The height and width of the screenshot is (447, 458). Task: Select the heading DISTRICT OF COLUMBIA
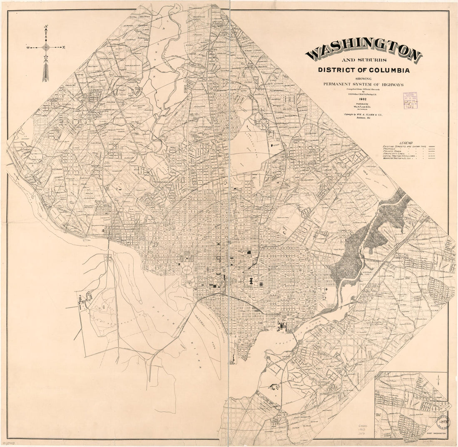click(363, 70)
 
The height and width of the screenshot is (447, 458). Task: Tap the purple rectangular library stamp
click(410, 100)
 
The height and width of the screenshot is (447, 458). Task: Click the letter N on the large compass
click(45, 28)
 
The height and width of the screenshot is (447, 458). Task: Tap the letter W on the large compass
click(27, 47)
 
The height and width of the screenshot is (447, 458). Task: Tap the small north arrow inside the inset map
click(438, 380)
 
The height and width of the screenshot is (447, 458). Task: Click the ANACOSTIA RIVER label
click(291, 336)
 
